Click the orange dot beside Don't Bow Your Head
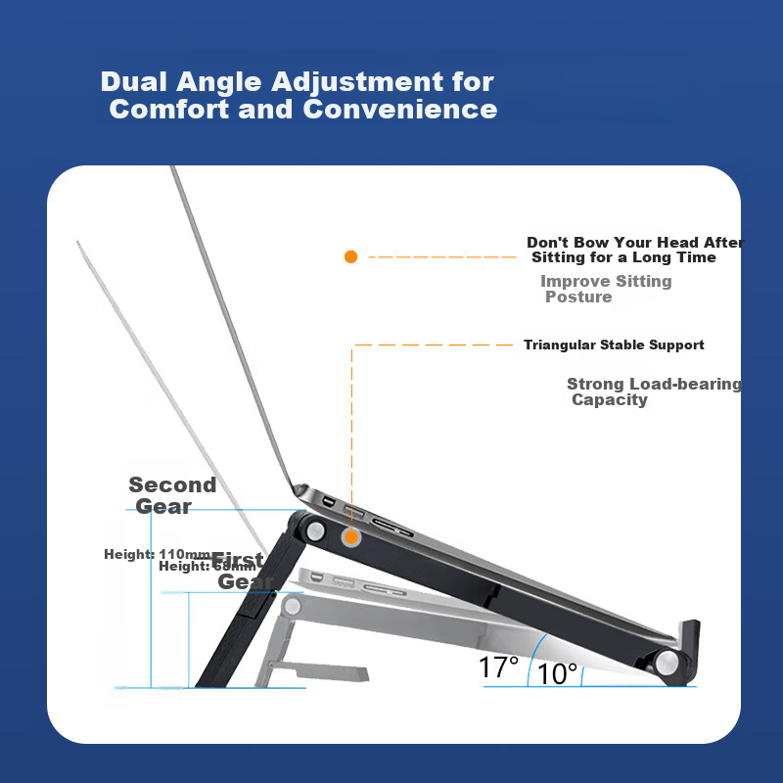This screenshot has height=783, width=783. click(x=350, y=256)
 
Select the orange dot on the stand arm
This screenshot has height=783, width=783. click(x=350, y=536)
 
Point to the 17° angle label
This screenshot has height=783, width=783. click(x=498, y=668)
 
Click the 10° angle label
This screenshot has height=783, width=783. click(x=558, y=673)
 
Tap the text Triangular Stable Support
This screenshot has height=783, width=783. click(x=614, y=345)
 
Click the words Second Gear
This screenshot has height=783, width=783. click(x=171, y=495)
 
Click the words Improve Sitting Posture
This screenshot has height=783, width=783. click(x=605, y=289)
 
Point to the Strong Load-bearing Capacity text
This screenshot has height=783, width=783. click(x=653, y=391)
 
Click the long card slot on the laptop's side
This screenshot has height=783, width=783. click(x=391, y=534)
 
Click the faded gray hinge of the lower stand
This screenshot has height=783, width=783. click(x=292, y=607)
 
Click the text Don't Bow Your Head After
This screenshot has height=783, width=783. click(x=634, y=242)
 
